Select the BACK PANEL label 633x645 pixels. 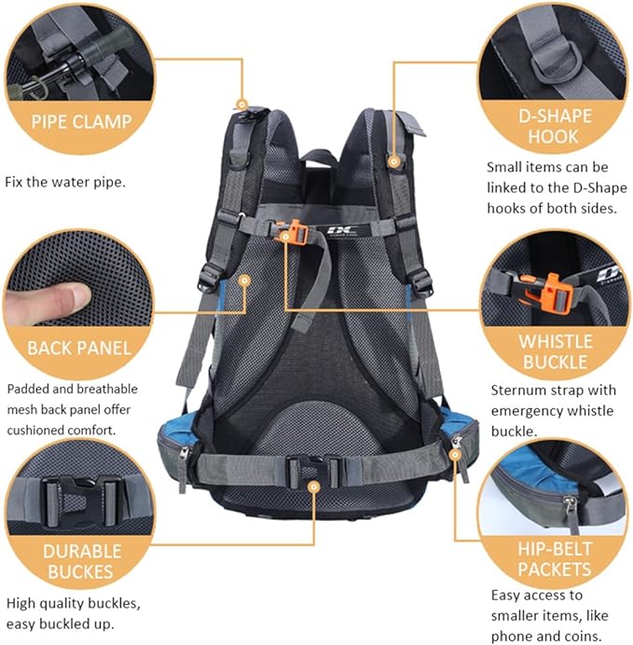(79, 349)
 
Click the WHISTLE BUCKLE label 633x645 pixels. (554, 350)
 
